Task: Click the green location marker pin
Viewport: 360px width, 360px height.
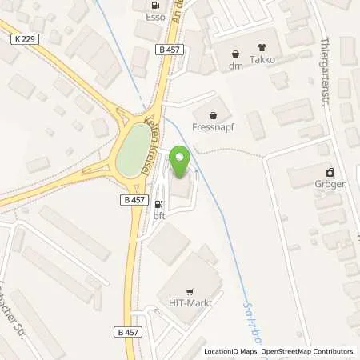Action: [x=180, y=163]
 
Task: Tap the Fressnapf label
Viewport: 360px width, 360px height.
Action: [x=212, y=125]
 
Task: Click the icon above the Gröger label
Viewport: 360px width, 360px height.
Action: [x=329, y=172]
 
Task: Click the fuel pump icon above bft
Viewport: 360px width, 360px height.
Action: [x=157, y=204]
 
